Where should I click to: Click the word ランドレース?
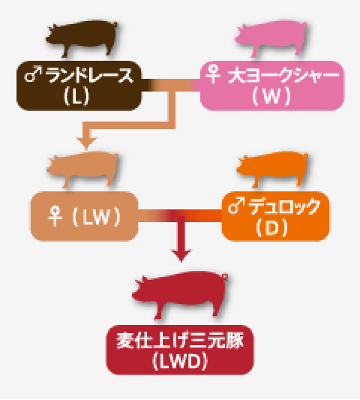point(89,75)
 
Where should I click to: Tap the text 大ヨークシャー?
point(283,75)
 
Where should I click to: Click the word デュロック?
point(284,206)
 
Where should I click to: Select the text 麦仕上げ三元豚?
point(180,341)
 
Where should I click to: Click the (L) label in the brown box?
point(76,96)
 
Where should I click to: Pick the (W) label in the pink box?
point(271,95)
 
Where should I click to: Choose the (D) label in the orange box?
point(271,227)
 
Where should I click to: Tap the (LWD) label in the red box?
point(180,361)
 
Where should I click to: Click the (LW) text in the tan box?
point(96,217)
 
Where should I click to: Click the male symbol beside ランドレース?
point(33,74)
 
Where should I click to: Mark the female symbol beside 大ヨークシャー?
point(213,74)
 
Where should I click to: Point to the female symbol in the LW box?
point(55,217)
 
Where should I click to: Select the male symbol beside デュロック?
point(236,206)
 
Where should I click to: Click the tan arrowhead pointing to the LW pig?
point(86,143)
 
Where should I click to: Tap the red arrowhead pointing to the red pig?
point(181,256)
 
